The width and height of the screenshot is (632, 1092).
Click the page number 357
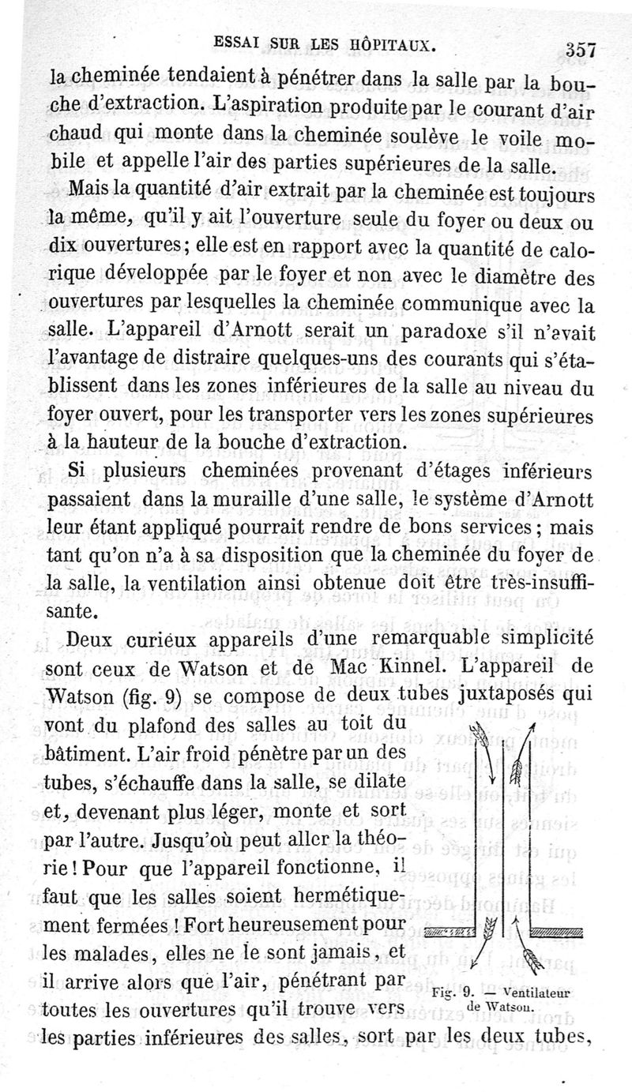pos(579,50)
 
